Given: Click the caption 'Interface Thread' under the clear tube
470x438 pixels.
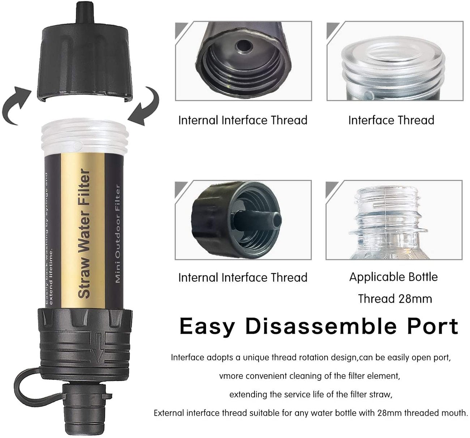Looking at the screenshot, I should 391,120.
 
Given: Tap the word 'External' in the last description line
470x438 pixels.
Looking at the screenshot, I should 171,413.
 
